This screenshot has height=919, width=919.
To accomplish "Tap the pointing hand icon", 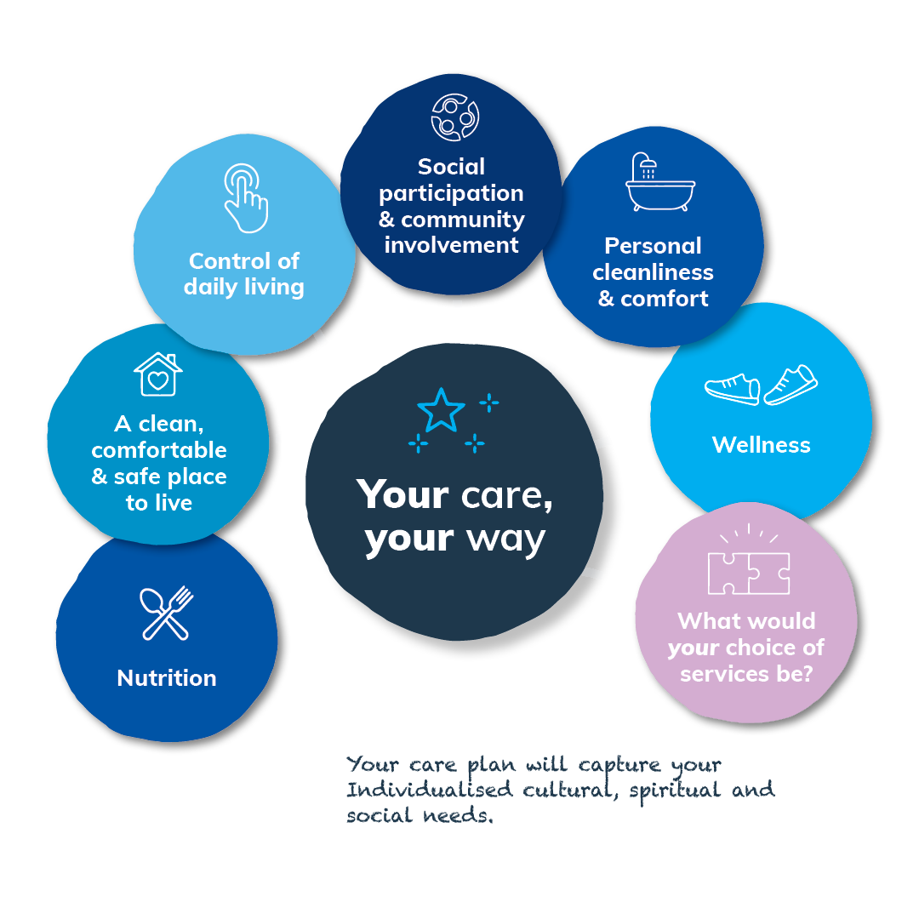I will (x=246, y=198).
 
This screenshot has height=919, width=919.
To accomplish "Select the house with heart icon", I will (x=158, y=375).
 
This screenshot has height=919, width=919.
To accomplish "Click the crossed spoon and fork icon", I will (x=167, y=613).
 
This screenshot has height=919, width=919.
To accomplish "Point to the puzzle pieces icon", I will (x=749, y=573).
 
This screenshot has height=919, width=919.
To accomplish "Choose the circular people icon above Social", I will (x=454, y=117).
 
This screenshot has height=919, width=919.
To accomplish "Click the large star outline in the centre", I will (x=441, y=410).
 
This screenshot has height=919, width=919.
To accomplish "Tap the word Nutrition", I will (x=167, y=678).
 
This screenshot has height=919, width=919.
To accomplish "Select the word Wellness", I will (x=761, y=445).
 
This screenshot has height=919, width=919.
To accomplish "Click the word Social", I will (x=451, y=167).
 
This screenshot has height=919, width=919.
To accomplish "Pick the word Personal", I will (x=653, y=246).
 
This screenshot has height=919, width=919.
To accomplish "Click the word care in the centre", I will (x=506, y=495).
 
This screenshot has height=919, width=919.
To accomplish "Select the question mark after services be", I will (x=808, y=674).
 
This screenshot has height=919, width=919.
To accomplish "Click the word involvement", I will (x=451, y=245).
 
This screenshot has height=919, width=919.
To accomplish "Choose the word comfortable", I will (x=159, y=449).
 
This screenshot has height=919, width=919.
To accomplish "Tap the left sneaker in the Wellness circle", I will (x=732, y=390).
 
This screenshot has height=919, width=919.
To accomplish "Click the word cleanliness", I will (x=653, y=272).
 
